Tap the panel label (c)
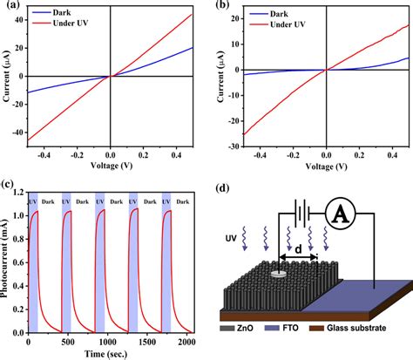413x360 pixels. coord(10,184)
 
